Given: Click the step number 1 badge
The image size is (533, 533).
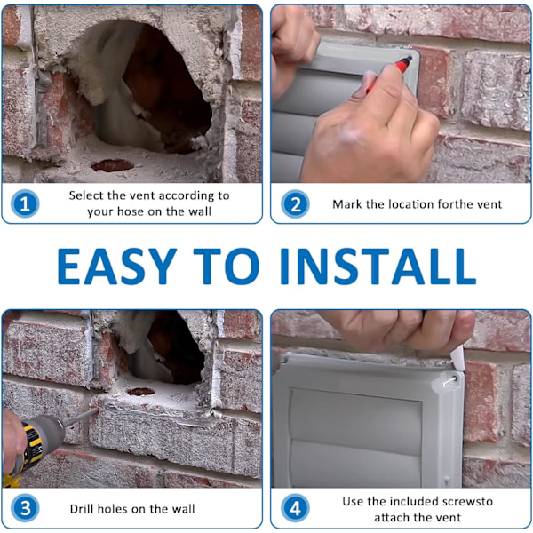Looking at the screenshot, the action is [x=25, y=203].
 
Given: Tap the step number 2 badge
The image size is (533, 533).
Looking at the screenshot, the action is [x=295, y=204].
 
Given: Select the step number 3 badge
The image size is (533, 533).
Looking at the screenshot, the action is [x=25, y=508].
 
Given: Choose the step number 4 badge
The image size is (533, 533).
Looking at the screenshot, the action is [x=295, y=508].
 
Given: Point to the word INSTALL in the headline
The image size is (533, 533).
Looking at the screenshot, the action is [x=378, y=266].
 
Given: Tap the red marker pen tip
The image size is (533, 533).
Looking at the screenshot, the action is [x=407, y=60].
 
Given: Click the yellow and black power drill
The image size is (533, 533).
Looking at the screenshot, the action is [x=30, y=449].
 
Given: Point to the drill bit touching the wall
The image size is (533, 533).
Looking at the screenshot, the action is [x=82, y=416].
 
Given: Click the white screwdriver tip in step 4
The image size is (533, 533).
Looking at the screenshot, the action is [x=458, y=359].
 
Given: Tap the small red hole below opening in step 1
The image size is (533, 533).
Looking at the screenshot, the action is [x=113, y=165].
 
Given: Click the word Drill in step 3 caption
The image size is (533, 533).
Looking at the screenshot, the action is [x=81, y=508].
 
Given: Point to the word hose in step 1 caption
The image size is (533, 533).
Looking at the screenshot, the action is [x=131, y=211].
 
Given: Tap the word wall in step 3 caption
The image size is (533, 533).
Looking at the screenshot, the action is [x=183, y=508].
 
